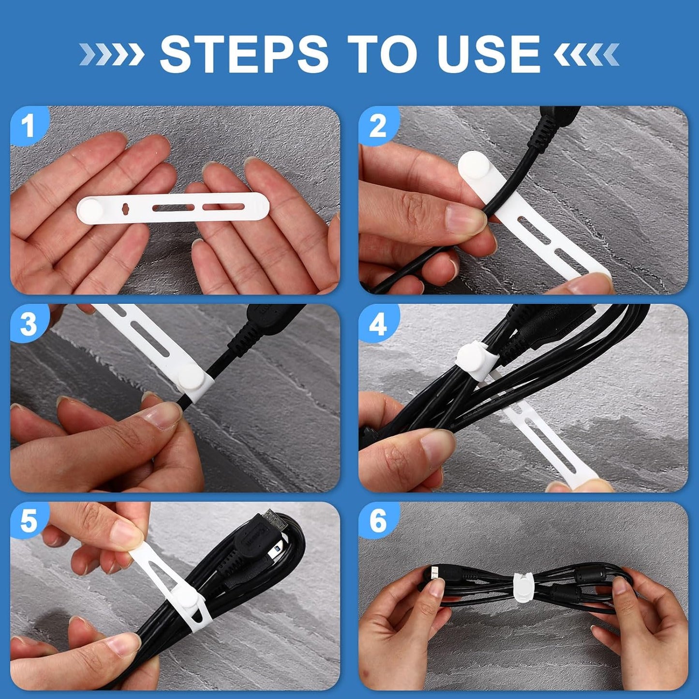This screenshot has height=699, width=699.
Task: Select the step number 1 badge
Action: click(29, 126)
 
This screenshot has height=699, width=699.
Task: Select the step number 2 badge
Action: click(378, 126)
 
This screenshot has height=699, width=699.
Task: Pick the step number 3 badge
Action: click(29, 324)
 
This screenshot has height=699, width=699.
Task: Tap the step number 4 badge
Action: click(378, 324)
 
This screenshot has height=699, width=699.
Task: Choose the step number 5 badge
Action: click(29, 521)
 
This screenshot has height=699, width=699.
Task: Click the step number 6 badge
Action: click(378, 521)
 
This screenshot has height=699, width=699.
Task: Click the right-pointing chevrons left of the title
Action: click(111, 54)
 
